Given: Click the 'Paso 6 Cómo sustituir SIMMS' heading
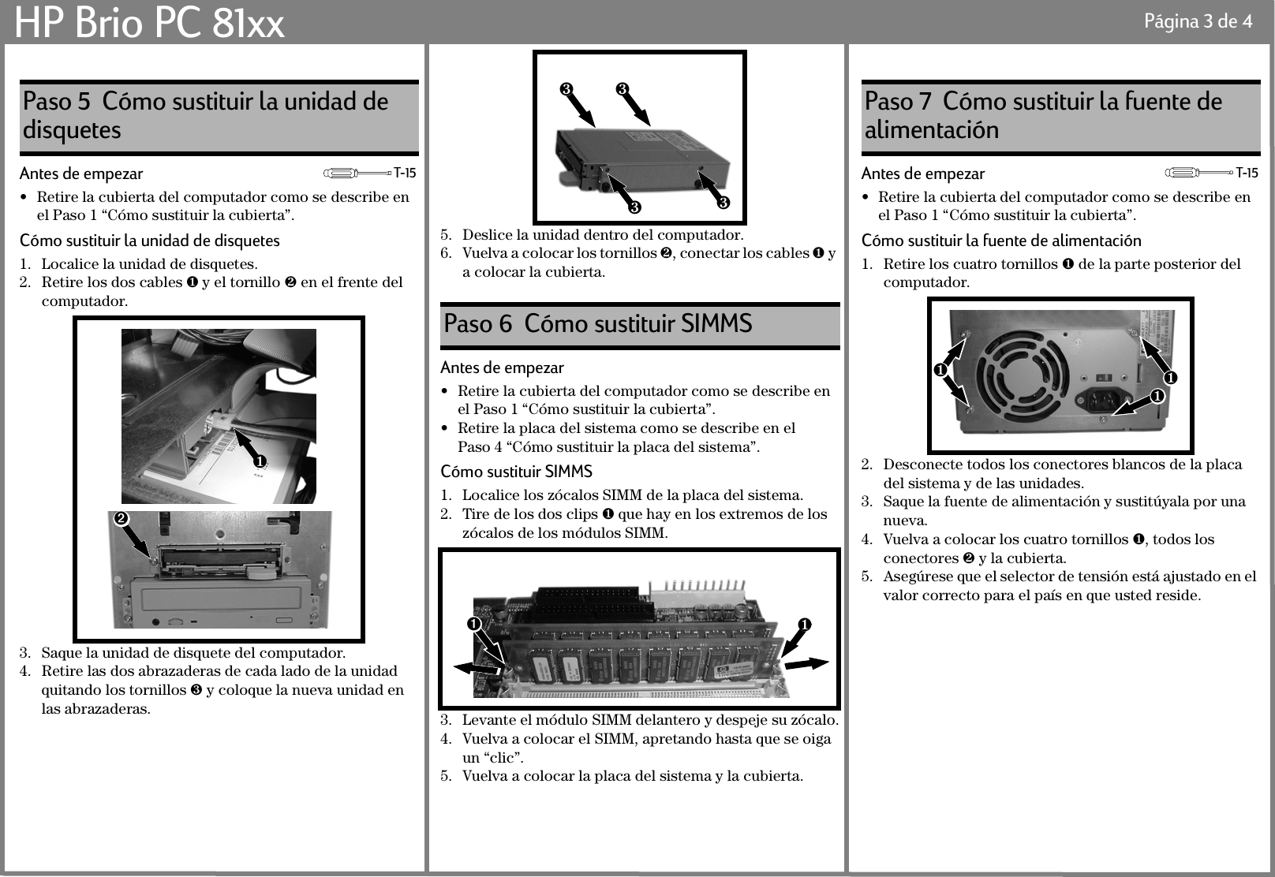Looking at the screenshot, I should pos(598,324).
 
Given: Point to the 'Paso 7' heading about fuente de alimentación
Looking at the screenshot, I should pos(1043,115).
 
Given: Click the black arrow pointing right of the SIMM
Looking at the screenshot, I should pos(806,663).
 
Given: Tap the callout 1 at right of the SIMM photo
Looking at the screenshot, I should pos(803,625).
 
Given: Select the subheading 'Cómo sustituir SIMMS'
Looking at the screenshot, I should pos(516,472).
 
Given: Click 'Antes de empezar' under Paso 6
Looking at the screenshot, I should pos(502,368).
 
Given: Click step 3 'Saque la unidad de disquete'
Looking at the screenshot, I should pos(193,653).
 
